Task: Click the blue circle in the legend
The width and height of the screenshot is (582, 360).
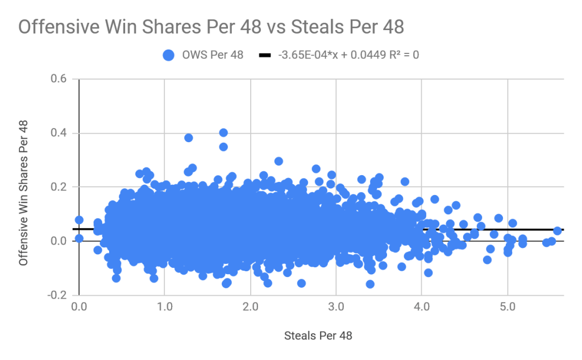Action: [168, 55]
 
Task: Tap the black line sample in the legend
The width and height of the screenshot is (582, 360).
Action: [265, 55]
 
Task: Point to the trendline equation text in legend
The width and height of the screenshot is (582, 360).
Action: [348, 55]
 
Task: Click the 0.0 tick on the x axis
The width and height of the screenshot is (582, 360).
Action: [78, 307]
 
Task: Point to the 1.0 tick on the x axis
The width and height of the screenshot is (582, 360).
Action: [164, 307]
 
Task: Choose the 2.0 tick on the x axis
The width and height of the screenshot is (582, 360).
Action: [250, 307]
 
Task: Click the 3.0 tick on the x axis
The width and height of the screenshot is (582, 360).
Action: [336, 307]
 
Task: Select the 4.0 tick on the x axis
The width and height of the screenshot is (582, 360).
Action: [422, 307]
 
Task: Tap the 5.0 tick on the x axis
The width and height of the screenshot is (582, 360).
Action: [508, 307]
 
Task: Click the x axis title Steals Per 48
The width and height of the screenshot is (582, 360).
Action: [318, 336]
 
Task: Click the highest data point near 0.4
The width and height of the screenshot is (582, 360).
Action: [223, 133]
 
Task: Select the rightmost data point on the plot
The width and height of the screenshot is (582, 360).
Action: [557, 231]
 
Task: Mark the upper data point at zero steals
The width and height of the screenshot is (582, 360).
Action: [79, 220]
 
